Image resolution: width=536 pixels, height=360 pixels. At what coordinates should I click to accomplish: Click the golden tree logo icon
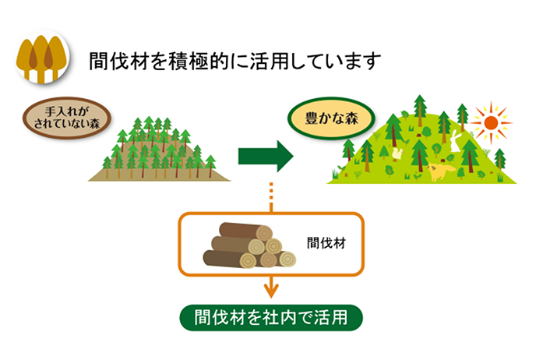(x=42, y=57)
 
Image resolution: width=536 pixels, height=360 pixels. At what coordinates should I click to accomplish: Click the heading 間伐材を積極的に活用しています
(x=235, y=62)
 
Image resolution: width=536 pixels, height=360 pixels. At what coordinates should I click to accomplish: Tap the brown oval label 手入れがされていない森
(x=67, y=118)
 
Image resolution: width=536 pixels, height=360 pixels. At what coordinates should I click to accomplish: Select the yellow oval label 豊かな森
(x=331, y=118)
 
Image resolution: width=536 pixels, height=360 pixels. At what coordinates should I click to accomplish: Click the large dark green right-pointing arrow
(x=266, y=156)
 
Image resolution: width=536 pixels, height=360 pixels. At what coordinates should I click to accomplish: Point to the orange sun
(x=491, y=123)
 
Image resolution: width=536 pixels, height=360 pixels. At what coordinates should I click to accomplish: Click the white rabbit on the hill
(x=455, y=140)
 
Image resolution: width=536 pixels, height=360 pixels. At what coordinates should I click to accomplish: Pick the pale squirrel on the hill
(x=397, y=154)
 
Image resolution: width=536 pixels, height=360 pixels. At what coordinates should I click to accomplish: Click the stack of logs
(x=249, y=245)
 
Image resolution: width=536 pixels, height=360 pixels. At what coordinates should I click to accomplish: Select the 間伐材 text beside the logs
(x=326, y=243)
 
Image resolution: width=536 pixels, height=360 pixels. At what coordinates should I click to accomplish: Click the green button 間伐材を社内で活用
(x=271, y=318)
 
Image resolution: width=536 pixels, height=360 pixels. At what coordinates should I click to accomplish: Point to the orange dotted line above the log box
(x=271, y=198)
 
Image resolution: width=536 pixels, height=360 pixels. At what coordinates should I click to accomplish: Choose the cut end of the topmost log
(x=264, y=233)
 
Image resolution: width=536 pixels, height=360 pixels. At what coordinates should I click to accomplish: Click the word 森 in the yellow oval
(x=351, y=118)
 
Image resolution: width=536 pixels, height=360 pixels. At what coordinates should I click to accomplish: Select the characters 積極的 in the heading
(x=199, y=62)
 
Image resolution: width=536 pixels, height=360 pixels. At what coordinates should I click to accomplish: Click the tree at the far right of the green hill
(x=499, y=159)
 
